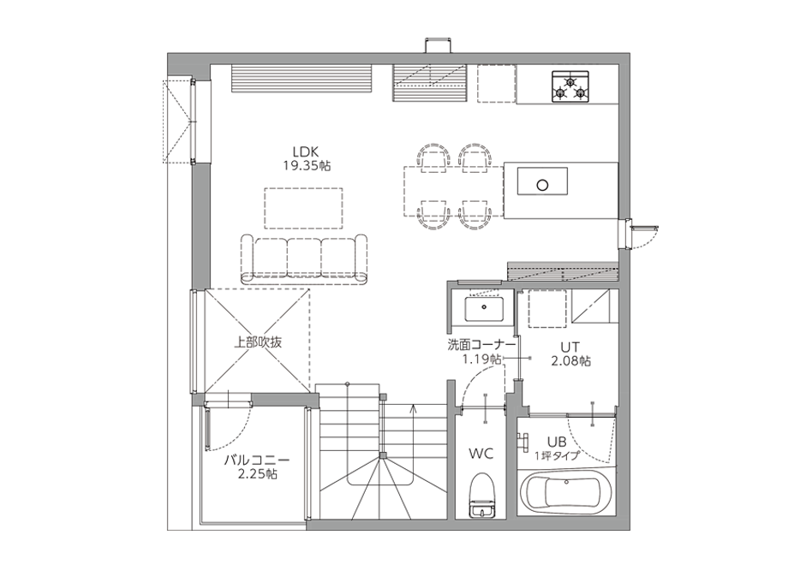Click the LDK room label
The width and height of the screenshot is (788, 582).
(306, 151)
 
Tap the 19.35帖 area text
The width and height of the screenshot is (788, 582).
(307, 166)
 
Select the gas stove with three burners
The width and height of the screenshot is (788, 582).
(570, 87)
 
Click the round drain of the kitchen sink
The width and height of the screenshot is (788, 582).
(542, 185)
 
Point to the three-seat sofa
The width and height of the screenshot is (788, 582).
(304, 259)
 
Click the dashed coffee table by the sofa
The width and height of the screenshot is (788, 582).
(303, 208)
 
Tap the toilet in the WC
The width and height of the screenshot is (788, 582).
(482, 495)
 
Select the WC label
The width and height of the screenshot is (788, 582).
(481, 454)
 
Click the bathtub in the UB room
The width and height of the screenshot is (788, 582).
(566, 493)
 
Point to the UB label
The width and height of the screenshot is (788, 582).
(557, 442)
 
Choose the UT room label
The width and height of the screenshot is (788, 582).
(570, 347)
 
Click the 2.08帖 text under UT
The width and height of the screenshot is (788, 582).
(571, 361)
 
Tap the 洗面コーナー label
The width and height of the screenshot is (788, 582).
(482, 345)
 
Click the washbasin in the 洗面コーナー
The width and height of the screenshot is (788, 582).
(484, 309)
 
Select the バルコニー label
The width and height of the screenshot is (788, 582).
(257, 460)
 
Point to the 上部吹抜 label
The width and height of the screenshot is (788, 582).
(258, 342)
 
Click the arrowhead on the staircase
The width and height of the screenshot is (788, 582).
(413, 407)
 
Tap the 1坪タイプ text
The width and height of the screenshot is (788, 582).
(557, 456)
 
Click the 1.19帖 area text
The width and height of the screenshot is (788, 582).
(481, 359)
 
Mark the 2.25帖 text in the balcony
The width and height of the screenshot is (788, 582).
(257, 474)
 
